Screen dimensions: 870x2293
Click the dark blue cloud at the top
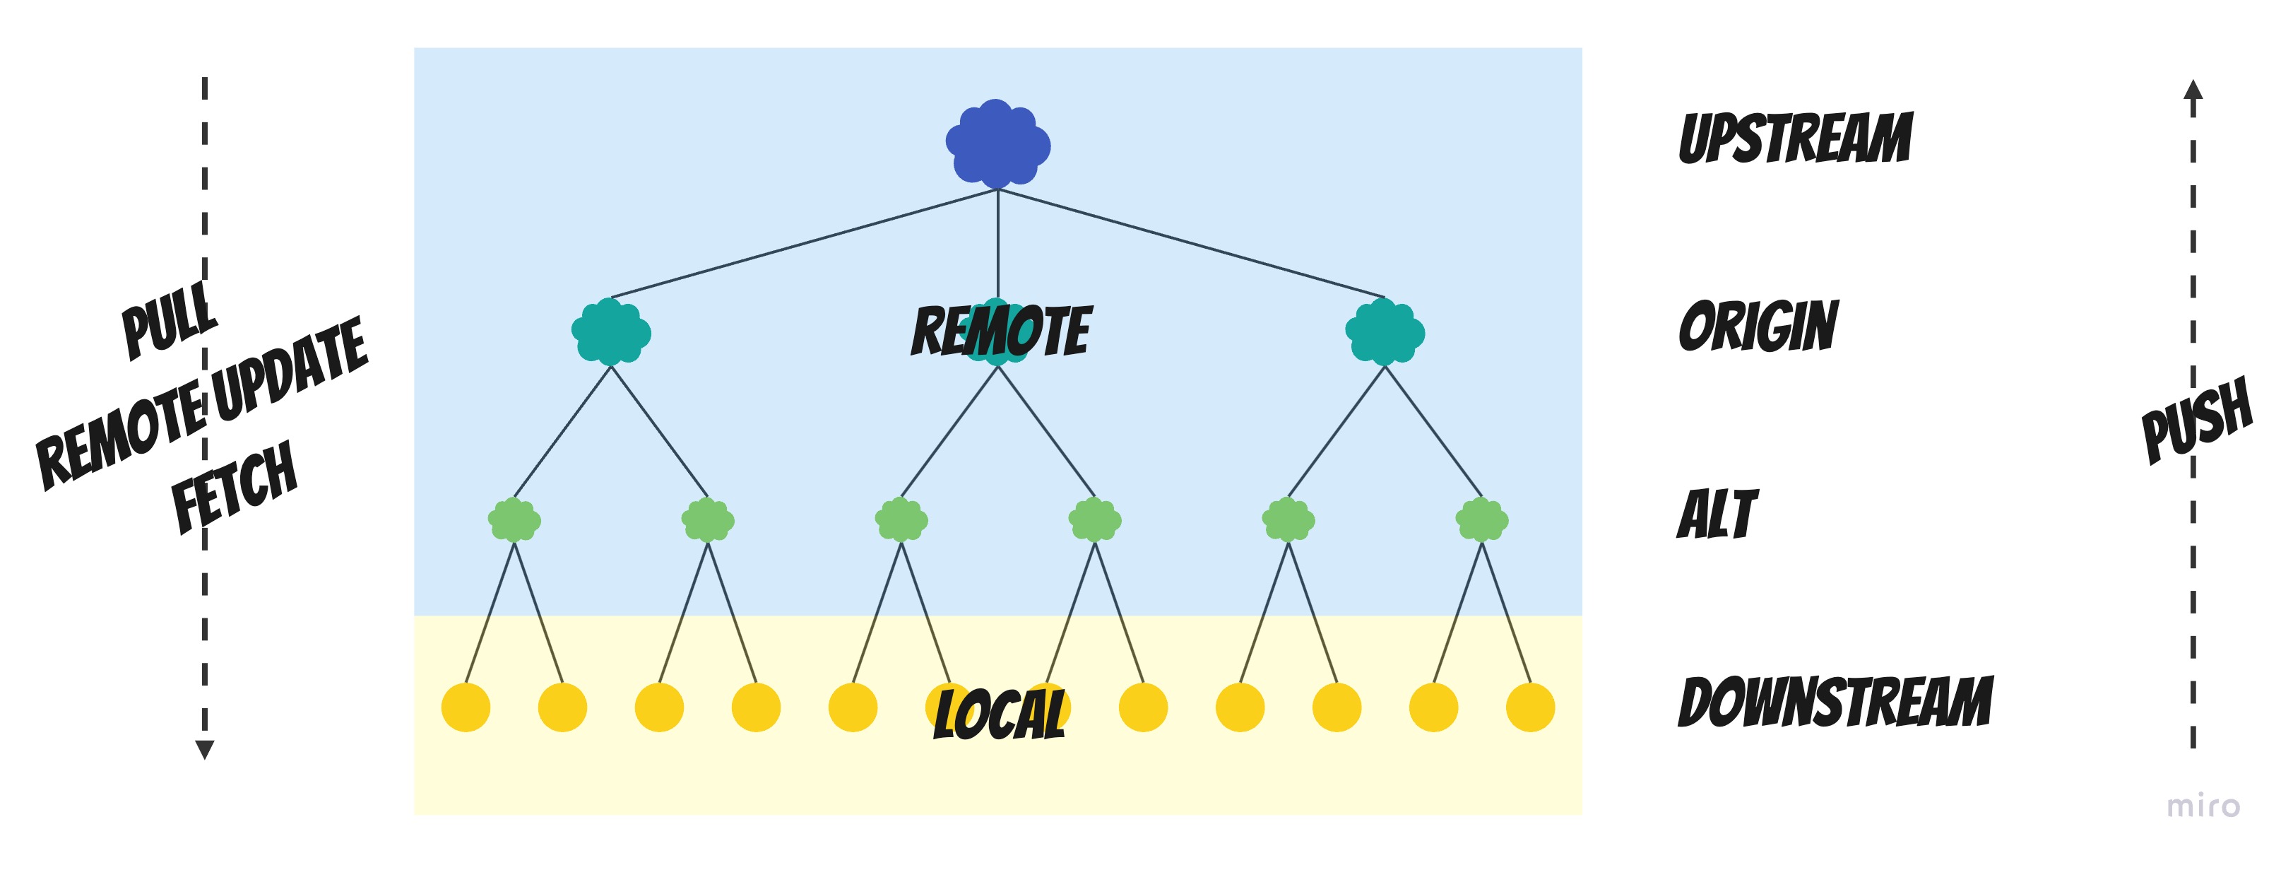click(x=998, y=143)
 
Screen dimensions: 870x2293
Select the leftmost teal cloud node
click(x=610, y=332)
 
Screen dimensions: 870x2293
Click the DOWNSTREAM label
click(x=1835, y=702)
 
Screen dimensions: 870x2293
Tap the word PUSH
click(x=2197, y=419)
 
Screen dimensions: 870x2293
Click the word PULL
click(x=169, y=319)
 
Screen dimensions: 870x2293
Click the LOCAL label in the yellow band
click(x=999, y=713)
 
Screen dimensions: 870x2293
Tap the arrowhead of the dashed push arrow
click(x=2193, y=90)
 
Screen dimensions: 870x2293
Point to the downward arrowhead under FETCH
click(x=205, y=750)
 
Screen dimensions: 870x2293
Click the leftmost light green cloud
click(x=514, y=520)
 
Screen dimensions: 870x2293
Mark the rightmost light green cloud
click(x=1482, y=520)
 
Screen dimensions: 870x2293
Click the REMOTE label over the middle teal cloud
click(x=1000, y=330)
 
